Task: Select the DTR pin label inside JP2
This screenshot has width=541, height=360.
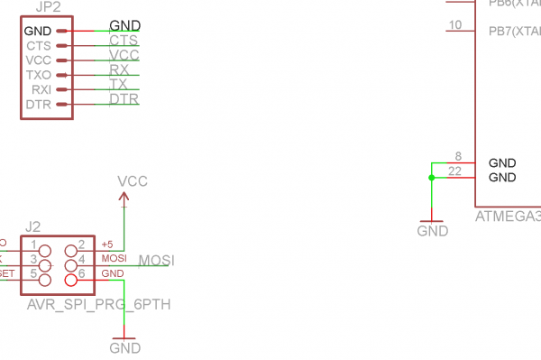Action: [x=38, y=106]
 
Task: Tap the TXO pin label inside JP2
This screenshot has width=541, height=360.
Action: [x=38, y=75]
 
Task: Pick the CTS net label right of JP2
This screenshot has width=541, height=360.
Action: [x=124, y=41]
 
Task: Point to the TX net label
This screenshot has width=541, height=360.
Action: [x=119, y=84]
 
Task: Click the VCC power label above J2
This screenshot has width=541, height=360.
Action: [x=133, y=182]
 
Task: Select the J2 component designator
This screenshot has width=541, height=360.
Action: [x=33, y=226]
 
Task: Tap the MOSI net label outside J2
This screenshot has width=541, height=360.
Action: [x=156, y=261]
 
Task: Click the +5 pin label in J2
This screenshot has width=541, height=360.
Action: [x=107, y=245]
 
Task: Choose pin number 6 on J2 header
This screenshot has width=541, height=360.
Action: [x=80, y=273]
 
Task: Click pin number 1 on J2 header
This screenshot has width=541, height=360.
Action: [x=33, y=245]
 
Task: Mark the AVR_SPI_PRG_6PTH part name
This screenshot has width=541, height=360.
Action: [x=98, y=305]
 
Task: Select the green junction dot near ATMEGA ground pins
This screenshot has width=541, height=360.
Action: [x=432, y=178]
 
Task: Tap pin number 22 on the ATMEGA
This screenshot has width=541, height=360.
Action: [x=454, y=171]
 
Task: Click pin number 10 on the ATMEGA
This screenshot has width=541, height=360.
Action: [x=454, y=24]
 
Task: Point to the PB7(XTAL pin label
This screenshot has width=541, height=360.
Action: [x=514, y=32]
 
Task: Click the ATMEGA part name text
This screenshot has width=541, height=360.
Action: [x=508, y=217]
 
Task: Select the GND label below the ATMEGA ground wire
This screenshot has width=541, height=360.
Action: [x=433, y=231]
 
